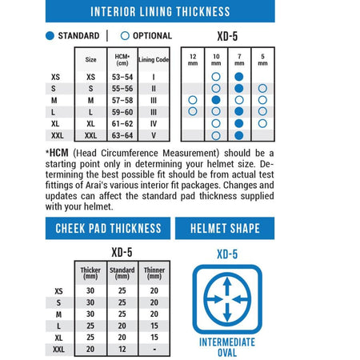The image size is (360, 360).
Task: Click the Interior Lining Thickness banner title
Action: pyautogui.click(x=160, y=12)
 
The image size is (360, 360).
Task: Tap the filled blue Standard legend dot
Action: pyautogui.click(x=50, y=36)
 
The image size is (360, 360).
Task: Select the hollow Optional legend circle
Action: pyautogui.click(x=125, y=36)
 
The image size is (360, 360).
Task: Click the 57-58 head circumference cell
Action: pyautogui.click(x=122, y=101)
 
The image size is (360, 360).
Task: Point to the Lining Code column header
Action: pyautogui.click(x=154, y=59)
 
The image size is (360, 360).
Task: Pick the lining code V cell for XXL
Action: pyautogui.click(x=154, y=135)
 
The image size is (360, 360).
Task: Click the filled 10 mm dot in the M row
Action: pyautogui.click(x=216, y=100)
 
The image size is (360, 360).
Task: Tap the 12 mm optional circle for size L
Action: pyautogui.click(x=193, y=111)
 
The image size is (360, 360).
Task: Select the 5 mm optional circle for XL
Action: pyautogui.click(x=262, y=123)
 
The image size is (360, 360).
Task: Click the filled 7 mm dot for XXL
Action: pyautogui.click(x=239, y=135)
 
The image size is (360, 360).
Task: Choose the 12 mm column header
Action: pyautogui.click(x=193, y=60)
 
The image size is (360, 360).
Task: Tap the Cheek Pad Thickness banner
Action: pyautogui.click(x=108, y=229)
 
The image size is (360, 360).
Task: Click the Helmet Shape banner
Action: pyautogui.click(x=225, y=229)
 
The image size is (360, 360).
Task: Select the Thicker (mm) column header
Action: pyautogui.click(x=90, y=273)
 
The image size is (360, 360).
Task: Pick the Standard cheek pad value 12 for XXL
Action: pyautogui.click(x=122, y=349)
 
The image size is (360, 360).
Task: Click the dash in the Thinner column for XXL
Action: pyautogui.click(x=154, y=349)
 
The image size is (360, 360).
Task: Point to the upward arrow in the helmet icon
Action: pyautogui.click(x=227, y=286)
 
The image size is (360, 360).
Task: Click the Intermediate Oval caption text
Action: pyautogui.click(x=227, y=347)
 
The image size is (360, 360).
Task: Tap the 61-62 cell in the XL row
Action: pyautogui.click(x=122, y=124)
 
